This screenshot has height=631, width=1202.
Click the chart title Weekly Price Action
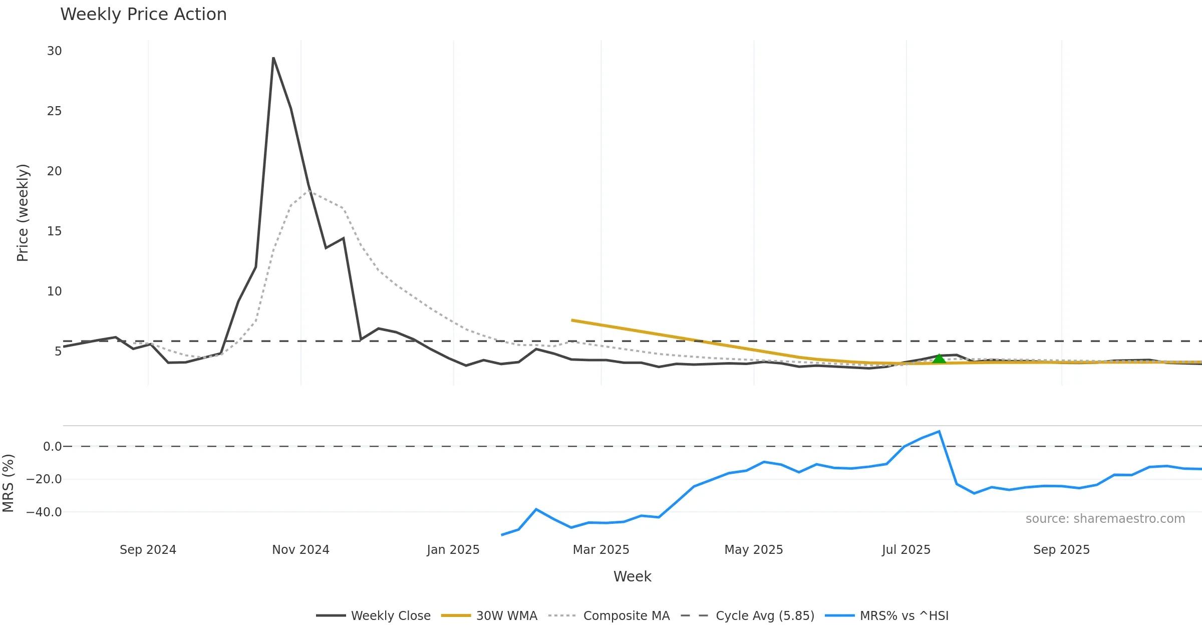coord(143,15)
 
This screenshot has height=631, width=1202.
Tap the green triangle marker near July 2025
coord(939,359)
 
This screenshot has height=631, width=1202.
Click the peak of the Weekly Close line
coord(273,58)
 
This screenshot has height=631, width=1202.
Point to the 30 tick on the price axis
coord(55,51)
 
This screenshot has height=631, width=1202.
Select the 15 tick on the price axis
coord(55,231)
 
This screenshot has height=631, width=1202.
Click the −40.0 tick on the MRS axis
coord(44,512)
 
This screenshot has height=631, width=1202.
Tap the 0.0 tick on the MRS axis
coord(52,447)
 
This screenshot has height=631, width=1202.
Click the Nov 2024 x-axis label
coord(300,550)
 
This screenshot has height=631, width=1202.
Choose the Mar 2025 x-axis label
coord(601,550)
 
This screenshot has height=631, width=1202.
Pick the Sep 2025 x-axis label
coord(1061,550)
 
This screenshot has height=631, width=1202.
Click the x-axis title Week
coord(632,577)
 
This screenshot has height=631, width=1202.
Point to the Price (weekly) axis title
coord(23,213)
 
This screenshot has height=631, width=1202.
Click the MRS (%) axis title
coord(9,483)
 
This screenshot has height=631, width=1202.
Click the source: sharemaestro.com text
coord(1105,519)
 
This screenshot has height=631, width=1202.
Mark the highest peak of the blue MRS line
coord(939,431)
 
